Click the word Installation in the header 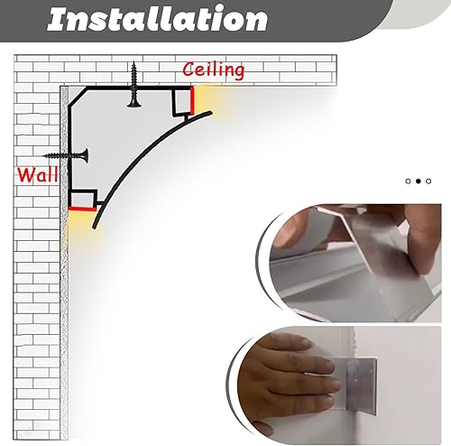coord(157,19)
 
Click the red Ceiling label coord(214,70)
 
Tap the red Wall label coord(38,174)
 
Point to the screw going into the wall coord(66,155)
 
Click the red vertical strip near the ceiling coord(192,100)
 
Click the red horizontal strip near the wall coord(83,209)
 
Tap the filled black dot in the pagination coord(419,181)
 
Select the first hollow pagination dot coord(408,181)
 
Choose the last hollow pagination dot coord(428,181)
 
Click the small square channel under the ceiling coord(182,102)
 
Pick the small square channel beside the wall coord(83,200)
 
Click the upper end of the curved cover coord(211,113)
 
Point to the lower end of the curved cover coord(95,228)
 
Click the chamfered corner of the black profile coord(78,97)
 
